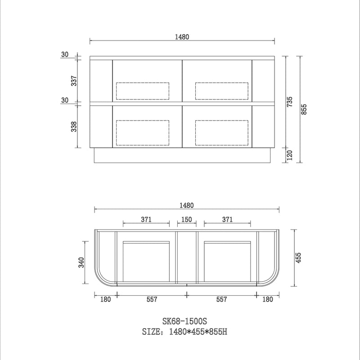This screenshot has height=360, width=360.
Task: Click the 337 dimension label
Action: (74, 81)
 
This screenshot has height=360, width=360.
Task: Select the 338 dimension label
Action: (74, 126)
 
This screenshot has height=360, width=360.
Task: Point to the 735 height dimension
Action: (290, 102)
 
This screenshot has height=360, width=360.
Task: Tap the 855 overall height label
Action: (304, 109)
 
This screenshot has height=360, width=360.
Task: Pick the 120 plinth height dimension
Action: (290, 155)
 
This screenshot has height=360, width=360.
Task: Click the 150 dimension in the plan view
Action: (187, 220)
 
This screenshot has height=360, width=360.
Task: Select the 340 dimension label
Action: (81, 262)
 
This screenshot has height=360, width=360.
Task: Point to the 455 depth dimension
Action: (298, 258)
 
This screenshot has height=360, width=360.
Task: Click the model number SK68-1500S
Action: (185, 321)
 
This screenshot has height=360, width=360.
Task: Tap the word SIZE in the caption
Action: (151, 332)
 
